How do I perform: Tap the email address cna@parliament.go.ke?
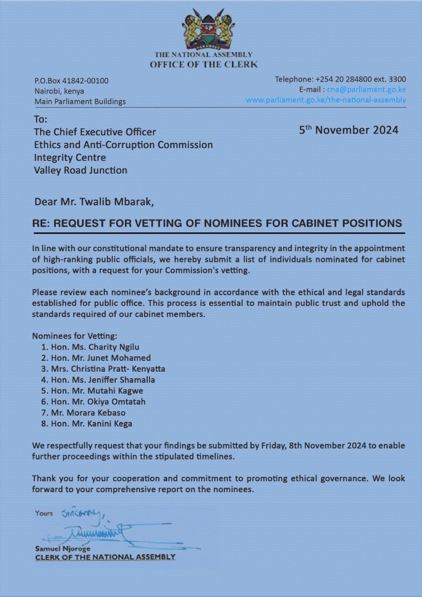tap(366, 89)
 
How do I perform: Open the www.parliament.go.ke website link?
tap(326, 100)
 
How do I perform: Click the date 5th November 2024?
tap(349, 130)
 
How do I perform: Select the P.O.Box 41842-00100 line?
tap(71, 81)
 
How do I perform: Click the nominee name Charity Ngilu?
tap(114, 347)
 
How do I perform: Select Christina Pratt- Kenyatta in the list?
tap(118, 369)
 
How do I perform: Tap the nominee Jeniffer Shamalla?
tap(121, 380)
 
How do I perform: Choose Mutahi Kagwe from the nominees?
tap(115, 391)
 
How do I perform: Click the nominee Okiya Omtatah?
tap(116, 402)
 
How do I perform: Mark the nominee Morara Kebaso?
tap(96, 413)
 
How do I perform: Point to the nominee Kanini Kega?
tap(110, 424)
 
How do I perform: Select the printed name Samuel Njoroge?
tap(63, 549)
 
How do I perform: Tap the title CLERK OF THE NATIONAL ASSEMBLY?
tap(105, 557)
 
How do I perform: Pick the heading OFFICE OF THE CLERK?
tap(203, 65)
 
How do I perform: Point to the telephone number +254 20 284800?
tap(343, 79)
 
